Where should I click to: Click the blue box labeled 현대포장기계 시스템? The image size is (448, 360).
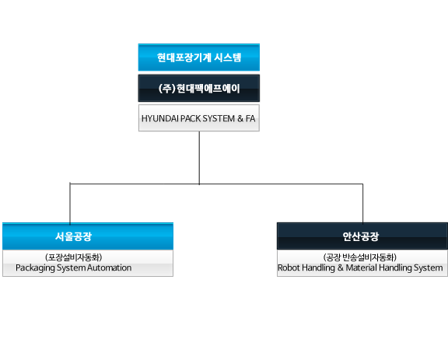click(199, 58)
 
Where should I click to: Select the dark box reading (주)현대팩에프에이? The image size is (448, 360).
click(199, 89)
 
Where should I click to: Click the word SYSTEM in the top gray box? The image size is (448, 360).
click(219, 118)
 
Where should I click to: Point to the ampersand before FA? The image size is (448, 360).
click(240, 118)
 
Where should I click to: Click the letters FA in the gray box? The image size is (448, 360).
click(250, 118)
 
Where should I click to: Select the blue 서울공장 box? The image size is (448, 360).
click(88, 236)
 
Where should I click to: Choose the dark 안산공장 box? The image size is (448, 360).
click(362, 236)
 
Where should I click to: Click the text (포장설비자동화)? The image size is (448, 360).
click(73, 257)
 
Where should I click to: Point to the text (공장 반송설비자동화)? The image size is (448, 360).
click(359, 257)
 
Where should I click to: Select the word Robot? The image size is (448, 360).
click(289, 267)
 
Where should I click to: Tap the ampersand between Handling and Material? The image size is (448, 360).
click(341, 267)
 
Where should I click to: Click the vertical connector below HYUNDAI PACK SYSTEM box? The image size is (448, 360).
click(199, 158)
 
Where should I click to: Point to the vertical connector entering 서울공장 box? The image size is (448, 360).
click(70, 203)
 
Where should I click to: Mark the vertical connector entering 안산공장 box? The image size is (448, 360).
click(363, 203)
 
